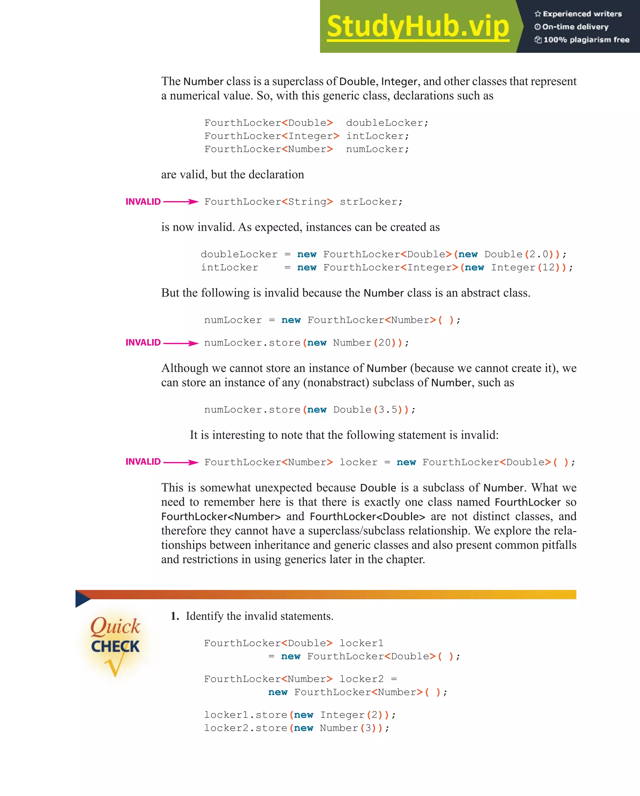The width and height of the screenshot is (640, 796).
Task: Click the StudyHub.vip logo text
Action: coord(417,27)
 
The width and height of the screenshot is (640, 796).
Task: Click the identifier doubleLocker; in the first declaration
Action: coord(387,123)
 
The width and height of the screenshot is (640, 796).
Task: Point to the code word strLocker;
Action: coord(371,202)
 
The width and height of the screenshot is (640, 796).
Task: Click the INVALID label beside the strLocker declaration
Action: coord(143,202)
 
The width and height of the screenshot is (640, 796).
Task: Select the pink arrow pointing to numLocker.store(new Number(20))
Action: coord(181,343)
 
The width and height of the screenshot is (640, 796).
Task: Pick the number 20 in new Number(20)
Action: coord(384,343)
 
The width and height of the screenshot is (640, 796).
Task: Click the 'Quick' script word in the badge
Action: coord(115,626)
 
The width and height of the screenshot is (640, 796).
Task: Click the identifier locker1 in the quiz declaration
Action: coord(361,643)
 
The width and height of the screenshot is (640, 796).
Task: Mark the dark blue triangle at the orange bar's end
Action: coord(82,598)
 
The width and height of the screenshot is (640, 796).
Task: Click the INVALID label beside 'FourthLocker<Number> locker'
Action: coord(143,462)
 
